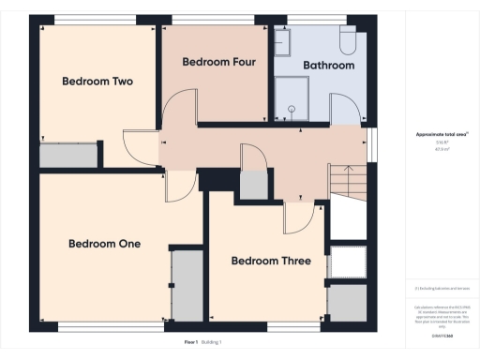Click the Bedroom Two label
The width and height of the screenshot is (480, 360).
(x=97, y=82)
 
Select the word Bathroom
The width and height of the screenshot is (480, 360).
(x=328, y=66)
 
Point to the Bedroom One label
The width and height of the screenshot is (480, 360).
(x=104, y=244)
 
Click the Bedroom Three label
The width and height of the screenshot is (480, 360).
(x=272, y=261)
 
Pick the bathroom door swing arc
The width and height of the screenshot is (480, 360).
(x=345, y=112)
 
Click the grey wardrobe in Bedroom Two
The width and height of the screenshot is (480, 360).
(x=68, y=156)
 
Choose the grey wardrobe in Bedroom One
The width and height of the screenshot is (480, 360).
(x=186, y=285)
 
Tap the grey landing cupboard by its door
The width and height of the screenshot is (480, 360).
(x=253, y=184)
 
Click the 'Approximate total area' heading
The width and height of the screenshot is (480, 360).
(x=442, y=135)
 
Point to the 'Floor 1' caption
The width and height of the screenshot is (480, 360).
(x=191, y=343)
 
